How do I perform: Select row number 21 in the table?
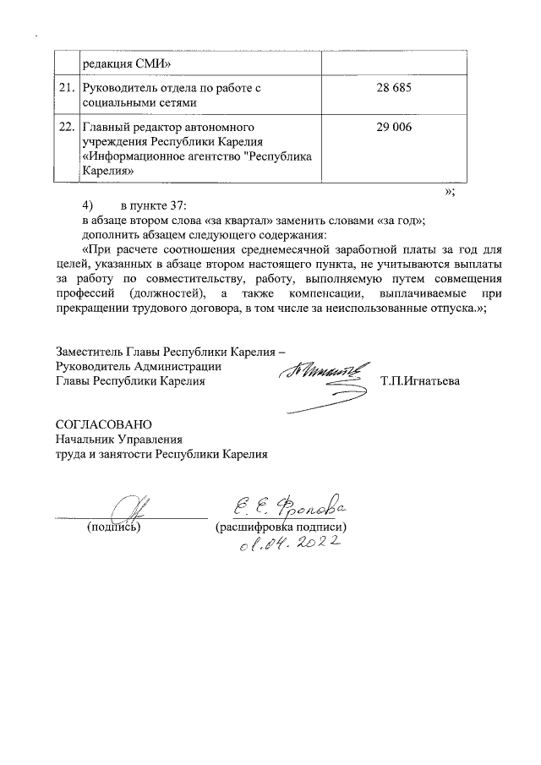pos(66,89)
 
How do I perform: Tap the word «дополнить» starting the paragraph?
pos(110,234)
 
